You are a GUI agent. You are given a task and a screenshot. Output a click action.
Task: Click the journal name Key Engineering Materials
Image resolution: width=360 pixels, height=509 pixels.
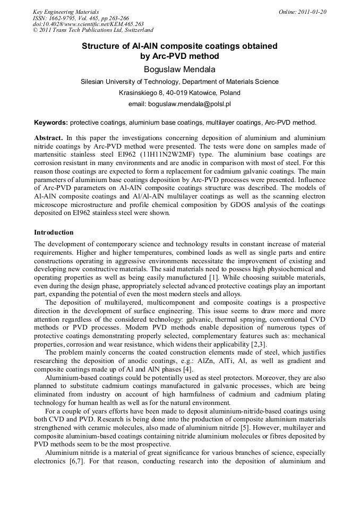click(x=65, y=12)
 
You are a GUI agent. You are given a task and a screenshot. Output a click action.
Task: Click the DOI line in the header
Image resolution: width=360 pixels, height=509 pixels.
click(x=88, y=24)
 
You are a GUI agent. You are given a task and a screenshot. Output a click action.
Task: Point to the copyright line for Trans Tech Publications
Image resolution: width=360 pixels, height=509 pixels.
click(x=93, y=30)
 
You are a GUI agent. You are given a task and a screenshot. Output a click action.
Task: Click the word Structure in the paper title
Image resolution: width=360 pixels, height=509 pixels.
click(x=100, y=46)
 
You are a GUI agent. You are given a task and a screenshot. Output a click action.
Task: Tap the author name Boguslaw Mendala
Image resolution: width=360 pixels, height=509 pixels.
click(x=179, y=69)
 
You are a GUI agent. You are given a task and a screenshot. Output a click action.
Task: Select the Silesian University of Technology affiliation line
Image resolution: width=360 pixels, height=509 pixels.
click(x=179, y=82)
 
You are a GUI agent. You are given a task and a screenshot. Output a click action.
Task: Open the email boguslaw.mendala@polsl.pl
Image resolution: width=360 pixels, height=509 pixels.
click(x=193, y=104)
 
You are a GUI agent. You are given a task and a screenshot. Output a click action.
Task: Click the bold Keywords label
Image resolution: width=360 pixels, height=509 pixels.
click(x=50, y=122)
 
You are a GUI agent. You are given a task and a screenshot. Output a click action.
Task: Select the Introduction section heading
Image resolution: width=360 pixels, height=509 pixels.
click(x=54, y=232)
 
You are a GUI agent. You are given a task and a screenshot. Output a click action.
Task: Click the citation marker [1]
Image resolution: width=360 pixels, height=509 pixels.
click(x=213, y=278)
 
